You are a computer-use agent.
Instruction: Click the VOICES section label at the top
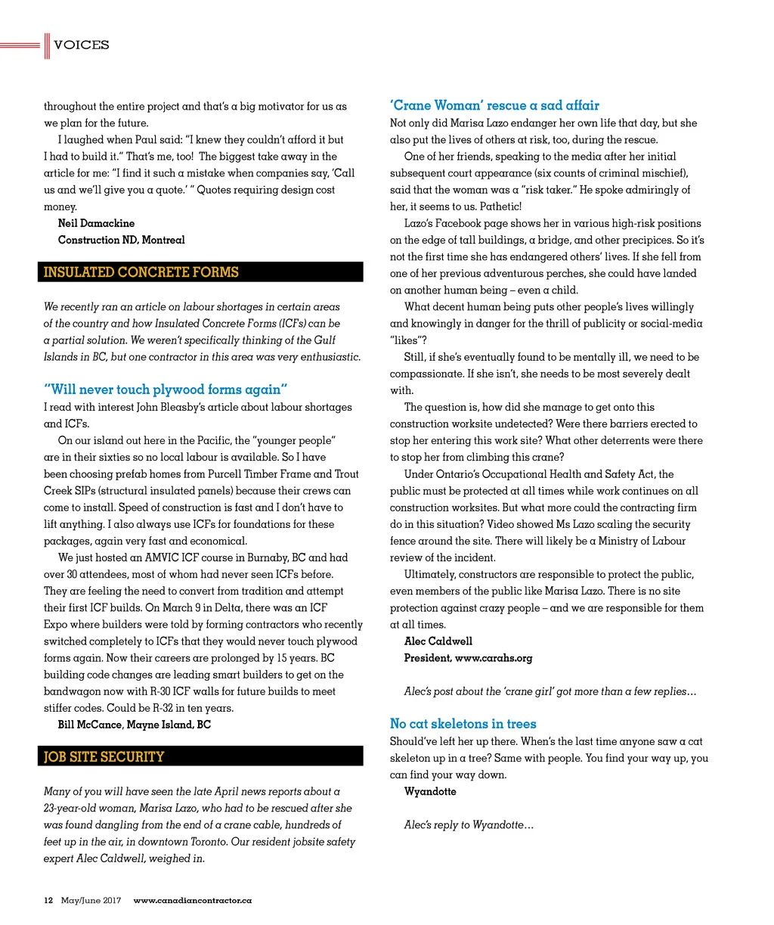[81, 45]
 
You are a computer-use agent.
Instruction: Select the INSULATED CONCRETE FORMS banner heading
[141, 272]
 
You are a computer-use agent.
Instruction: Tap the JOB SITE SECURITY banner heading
[104, 756]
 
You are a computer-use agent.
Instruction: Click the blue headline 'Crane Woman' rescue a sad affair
[494, 106]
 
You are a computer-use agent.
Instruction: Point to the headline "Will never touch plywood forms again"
[166, 390]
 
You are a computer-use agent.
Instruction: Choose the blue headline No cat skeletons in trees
[463, 724]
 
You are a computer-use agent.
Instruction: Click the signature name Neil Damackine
[96, 223]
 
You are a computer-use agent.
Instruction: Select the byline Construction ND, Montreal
[121, 240]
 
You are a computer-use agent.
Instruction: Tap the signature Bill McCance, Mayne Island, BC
[135, 725]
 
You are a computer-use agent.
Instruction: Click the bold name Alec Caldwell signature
[438, 641]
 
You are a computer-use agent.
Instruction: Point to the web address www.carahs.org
[494, 658]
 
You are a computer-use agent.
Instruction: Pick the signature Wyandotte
[430, 791]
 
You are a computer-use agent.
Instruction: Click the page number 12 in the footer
[48, 900]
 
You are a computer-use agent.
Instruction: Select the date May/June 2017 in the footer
[91, 900]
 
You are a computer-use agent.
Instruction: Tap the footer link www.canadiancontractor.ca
[192, 900]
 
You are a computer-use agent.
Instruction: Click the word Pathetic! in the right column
[500, 206]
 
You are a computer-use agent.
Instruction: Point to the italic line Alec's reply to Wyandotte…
[469, 824]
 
